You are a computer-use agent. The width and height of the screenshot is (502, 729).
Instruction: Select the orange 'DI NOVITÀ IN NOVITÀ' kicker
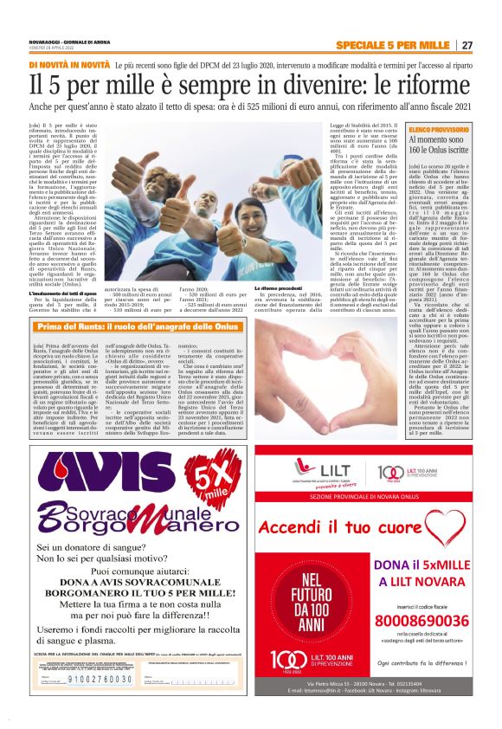point(69,65)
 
